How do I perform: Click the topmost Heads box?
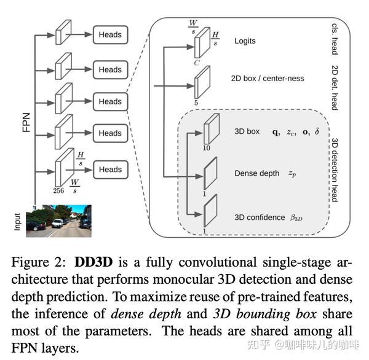(110, 35)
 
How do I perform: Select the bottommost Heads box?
(110, 170)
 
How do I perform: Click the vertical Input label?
(17, 222)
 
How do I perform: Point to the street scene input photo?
(58, 221)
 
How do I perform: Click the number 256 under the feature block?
(58, 191)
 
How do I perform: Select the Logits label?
(245, 41)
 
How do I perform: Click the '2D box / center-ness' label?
(268, 78)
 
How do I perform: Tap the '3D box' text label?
(247, 131)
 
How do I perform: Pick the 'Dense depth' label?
(256, 173)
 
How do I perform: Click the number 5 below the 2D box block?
(196, 103)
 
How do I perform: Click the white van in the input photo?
(57, 224)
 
